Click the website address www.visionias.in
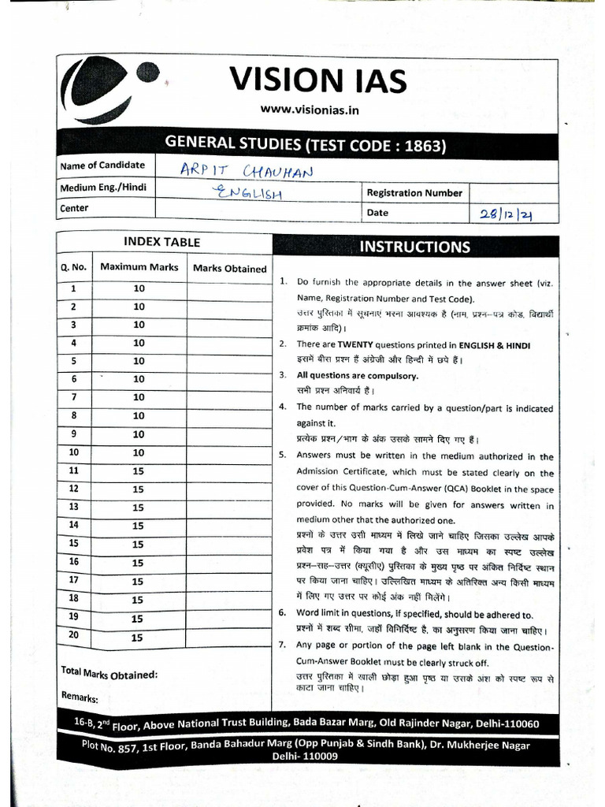click(x=309, y=110)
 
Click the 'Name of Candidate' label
click(x=102, y=165)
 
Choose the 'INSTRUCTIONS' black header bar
click(x=414, y=247)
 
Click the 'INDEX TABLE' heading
click(x=161, y=243)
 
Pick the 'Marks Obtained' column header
click(x=229, y=269)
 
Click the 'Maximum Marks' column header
click(x=139, y=267)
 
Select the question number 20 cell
click(x=74, y=636)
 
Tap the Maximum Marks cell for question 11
click(x=138, y=471)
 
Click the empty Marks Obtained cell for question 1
click(x=229, y=289)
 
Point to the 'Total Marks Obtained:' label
click(x=109, y=675)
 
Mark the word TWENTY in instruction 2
click(x=362, y=345)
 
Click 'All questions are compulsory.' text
click(x=357, y=376)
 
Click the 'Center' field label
click(x=75, y=209)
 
